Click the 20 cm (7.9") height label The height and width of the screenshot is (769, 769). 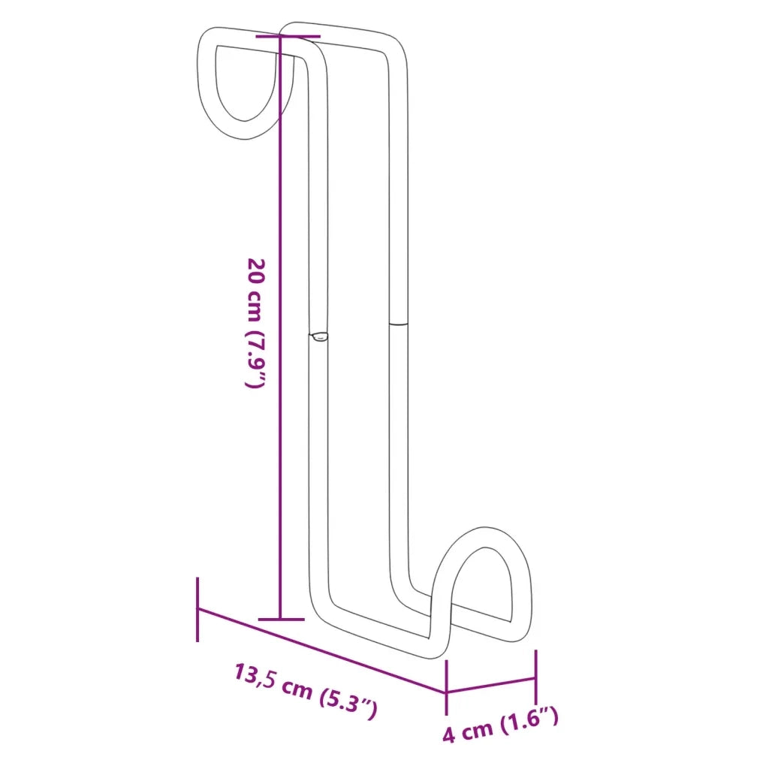(255, 323)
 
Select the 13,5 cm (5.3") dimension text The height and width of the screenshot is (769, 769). (305, 692)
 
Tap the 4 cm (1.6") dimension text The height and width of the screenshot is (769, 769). (500, 725)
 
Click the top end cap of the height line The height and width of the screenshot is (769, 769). (288, 36)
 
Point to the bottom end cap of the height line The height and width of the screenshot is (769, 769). (282, 619)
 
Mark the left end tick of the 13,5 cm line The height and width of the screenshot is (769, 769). (198, 609)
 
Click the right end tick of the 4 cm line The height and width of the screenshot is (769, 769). (535, 677)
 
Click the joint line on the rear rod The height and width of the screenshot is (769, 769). (398, 324)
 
